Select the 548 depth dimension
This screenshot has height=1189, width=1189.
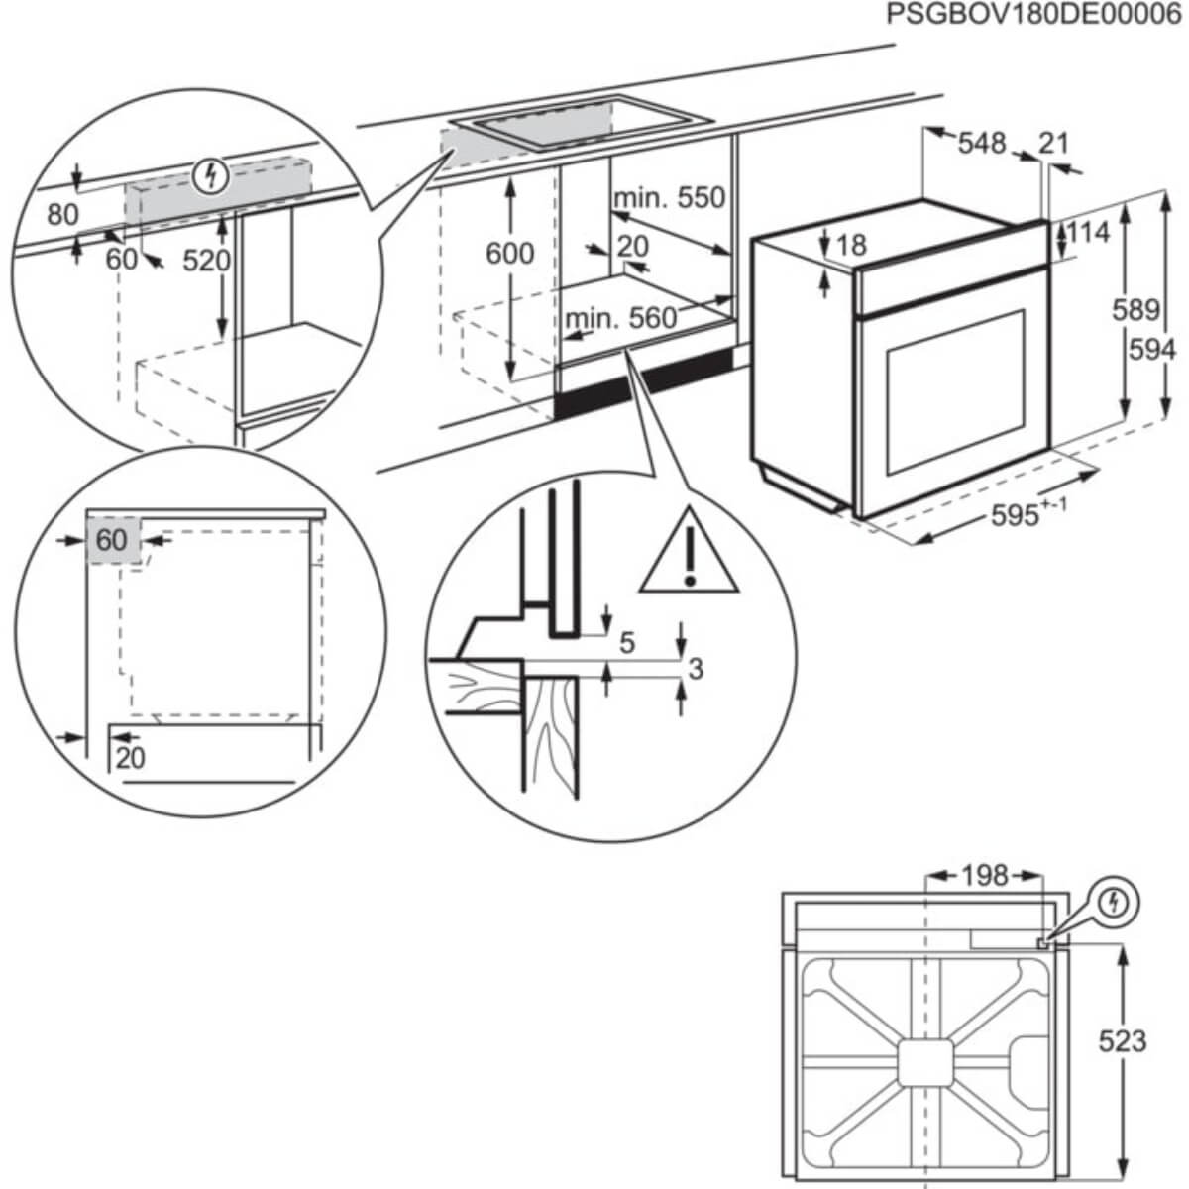coord(981,144)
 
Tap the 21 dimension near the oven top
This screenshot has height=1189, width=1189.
coord(1054,144)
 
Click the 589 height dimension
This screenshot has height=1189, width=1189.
coord(1135,310)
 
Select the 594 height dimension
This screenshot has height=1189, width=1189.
coord(1152,350)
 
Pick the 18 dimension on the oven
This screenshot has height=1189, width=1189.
coord(851,245)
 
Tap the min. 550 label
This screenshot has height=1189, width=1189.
coord(669,198)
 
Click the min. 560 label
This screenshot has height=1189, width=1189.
coord(620,319)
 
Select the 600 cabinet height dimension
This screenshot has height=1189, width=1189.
coord(509,254)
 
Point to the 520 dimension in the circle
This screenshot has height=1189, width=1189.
coord(206,261)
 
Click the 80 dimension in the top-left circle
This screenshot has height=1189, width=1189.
coord(62,215)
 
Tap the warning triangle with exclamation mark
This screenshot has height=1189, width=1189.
coord(689,553)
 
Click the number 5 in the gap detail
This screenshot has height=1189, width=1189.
coord(626,643)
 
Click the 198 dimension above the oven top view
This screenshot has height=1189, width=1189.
coord(984,876)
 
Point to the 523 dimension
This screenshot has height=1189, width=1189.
coord(1122,1040)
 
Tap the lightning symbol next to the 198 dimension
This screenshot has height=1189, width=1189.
coord(1117,903)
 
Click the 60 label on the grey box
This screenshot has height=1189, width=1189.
coord(112,540)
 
